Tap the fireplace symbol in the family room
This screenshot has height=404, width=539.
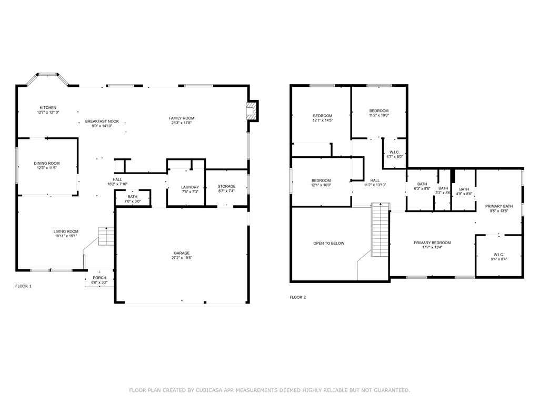pos(253,111)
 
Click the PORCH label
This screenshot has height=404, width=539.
pos(99,278)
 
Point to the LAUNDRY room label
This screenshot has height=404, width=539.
pos(189,187)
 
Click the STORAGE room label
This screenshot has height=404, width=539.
pos(226,186)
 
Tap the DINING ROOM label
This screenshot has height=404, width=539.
pos(47,163)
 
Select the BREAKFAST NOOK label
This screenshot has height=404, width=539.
pos(102,122)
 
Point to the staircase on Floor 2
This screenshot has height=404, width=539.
pos(379,230)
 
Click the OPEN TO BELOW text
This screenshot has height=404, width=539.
pos(328,243)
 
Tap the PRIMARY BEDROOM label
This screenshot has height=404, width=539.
pos(432,243)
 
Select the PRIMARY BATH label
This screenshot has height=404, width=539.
pos(498,206)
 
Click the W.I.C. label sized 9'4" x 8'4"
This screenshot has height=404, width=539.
pos(498,254)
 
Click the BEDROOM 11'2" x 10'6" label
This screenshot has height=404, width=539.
pos(378,110)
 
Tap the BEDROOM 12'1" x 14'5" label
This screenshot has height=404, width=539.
pos(323,116)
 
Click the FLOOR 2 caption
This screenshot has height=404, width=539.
pos(297,297)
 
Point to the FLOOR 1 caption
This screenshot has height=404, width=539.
pos(23,286)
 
